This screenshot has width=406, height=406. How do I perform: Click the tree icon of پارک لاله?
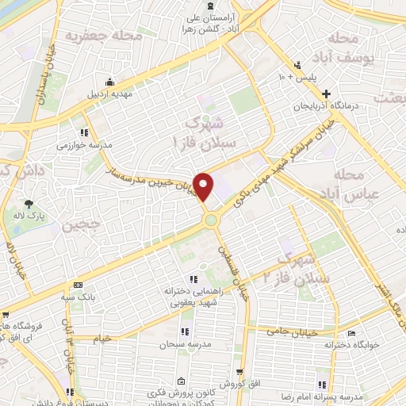29,182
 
